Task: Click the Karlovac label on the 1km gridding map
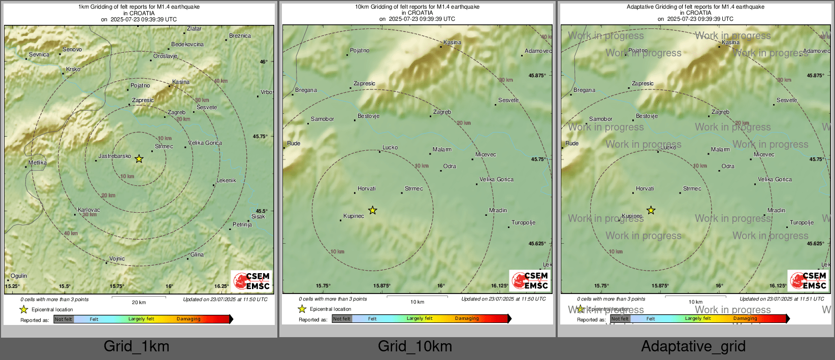tap(89, 210)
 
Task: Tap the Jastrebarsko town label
tap(115, 156)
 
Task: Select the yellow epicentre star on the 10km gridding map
tap(372, 210)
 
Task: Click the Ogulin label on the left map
tap(19, 276)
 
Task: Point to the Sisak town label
tap(258, 216)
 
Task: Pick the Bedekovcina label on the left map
tap(187, 44)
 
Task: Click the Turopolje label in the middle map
tap(523, 222)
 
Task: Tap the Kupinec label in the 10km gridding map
tap(354, 216)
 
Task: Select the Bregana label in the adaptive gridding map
tap(584, 90)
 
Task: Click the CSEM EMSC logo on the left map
tap(252, 280)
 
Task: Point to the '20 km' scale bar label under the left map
tap(139, 302)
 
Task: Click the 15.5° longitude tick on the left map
tap(65, 286)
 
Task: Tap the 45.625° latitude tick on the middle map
tap(537, 243)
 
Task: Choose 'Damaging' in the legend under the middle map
tap(467, 318)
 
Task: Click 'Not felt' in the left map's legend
tap(63, 319)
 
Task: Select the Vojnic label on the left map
tap(117, 258)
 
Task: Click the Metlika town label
tap(38, 162)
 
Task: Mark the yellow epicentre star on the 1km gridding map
tap(139, 159)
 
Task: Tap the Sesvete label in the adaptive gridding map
tap(787, 100)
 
